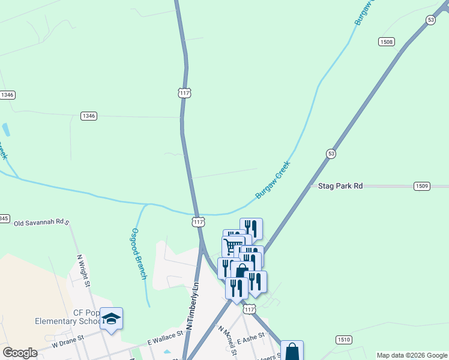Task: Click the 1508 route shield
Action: coord(386,41)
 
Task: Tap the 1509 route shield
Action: coord(421,187)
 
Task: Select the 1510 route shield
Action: coord(343,340)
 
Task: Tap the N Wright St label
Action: coord(83,270)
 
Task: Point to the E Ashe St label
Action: coord(250,339)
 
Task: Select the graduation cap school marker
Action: coord(111,318)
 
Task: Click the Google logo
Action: coord(20,353)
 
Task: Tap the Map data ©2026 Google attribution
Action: coord(411,355)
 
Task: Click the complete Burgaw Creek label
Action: coord(273,179)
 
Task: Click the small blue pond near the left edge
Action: coord(6,130)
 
